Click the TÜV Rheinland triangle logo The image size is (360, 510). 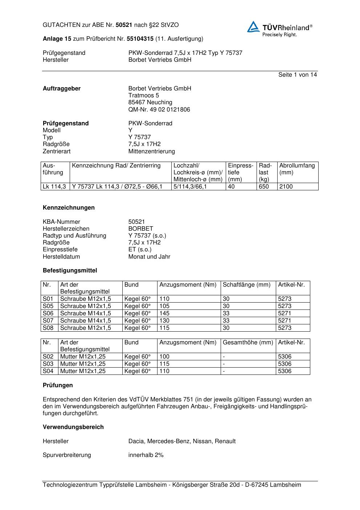(253, 27)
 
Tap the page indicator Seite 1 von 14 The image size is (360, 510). (298, 74)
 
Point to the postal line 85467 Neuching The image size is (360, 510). (150, 102)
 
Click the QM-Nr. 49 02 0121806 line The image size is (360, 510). (159, 109)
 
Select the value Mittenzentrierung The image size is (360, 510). (151, 151)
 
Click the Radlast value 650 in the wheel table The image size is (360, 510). (264, 186)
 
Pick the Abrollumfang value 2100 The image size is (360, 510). (286, 186)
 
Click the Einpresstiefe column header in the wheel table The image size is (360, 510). (240, 172)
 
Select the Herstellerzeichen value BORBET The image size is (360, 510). (140, 228)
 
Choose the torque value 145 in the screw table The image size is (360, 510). (164, 313)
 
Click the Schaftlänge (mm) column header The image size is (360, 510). (247, 284)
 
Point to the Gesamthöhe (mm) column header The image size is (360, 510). (248, 342)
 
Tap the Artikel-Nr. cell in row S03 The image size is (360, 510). (285, 364)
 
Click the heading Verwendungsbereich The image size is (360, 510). (73, 427)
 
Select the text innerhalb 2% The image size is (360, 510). (146, 455)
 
